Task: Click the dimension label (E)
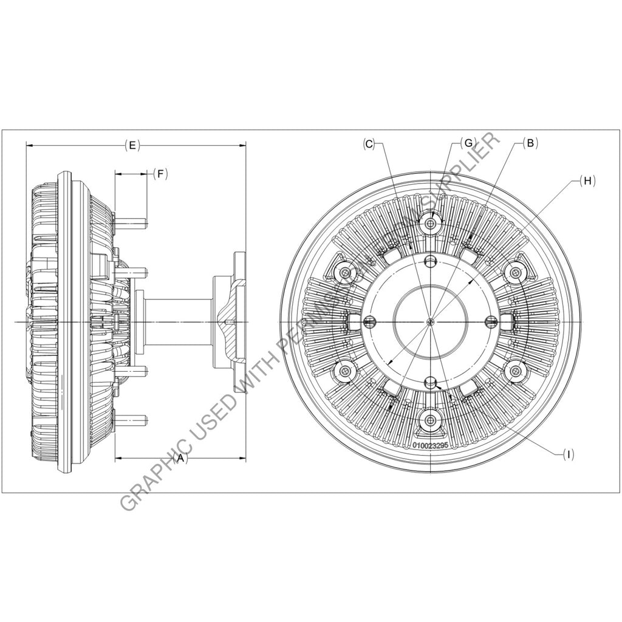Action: point(132,145)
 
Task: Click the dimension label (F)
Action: point(160,174)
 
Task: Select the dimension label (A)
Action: point(179,459)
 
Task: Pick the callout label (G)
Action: point(466,142)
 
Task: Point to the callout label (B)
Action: point(530,143)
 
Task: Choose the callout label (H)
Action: point(587,180)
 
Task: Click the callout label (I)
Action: point(567,453)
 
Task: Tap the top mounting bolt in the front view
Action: point(431,224)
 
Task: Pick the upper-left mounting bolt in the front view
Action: point(346,272)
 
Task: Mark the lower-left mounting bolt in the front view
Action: point(346,371)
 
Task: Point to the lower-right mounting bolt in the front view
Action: point(516,371)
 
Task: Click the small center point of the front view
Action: point(431,321)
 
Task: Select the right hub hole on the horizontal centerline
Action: point(493,321)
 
